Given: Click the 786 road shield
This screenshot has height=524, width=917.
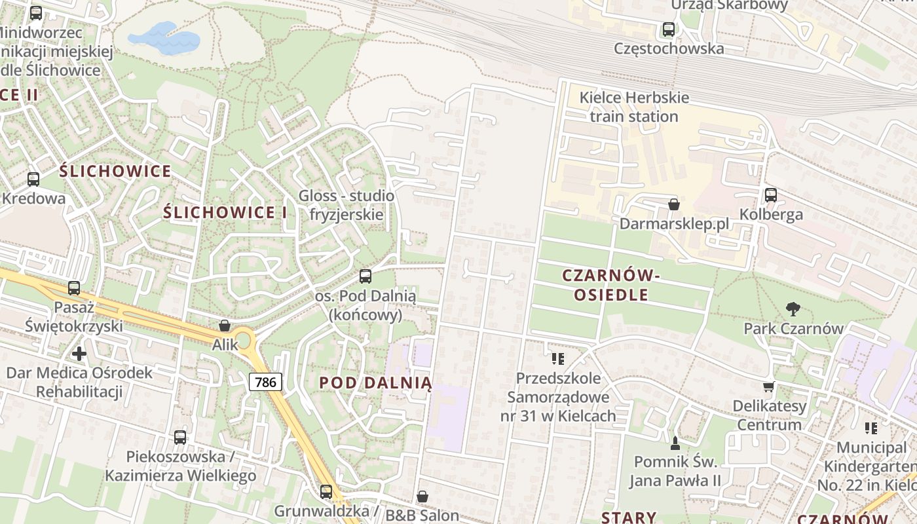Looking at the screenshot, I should (265, 381).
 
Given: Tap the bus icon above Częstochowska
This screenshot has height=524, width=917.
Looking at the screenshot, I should (668, 29).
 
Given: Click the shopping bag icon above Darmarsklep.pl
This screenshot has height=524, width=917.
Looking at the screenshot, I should (673, 204).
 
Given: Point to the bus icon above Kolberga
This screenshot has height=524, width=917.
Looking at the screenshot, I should (770, 195).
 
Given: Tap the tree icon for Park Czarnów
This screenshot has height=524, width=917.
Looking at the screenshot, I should (793, 309).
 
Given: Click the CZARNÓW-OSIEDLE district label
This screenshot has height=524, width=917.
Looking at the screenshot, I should (611, 286).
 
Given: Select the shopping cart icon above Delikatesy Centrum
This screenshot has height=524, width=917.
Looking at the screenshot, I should (768, 386).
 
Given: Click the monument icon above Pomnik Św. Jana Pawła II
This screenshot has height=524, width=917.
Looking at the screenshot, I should (675, 443).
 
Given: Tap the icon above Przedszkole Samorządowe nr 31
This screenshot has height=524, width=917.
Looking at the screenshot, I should (558, 358).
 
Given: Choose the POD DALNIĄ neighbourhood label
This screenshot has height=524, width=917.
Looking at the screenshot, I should (375, 383).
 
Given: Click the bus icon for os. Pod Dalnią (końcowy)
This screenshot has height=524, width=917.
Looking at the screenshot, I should (365, 276).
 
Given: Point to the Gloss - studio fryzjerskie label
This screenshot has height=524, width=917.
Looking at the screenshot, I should (346, 205).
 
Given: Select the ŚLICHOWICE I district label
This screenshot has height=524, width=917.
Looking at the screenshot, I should (225, 212).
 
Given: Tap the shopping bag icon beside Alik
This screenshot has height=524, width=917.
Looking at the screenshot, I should (225, 326).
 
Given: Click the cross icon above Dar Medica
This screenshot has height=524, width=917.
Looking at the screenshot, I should (79, 354).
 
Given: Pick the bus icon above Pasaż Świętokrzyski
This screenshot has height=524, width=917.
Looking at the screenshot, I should (74, 288).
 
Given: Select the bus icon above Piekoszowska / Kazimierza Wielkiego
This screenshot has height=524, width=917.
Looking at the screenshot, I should (180, 437).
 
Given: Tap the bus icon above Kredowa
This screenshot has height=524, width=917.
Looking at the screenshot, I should (33, 179).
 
